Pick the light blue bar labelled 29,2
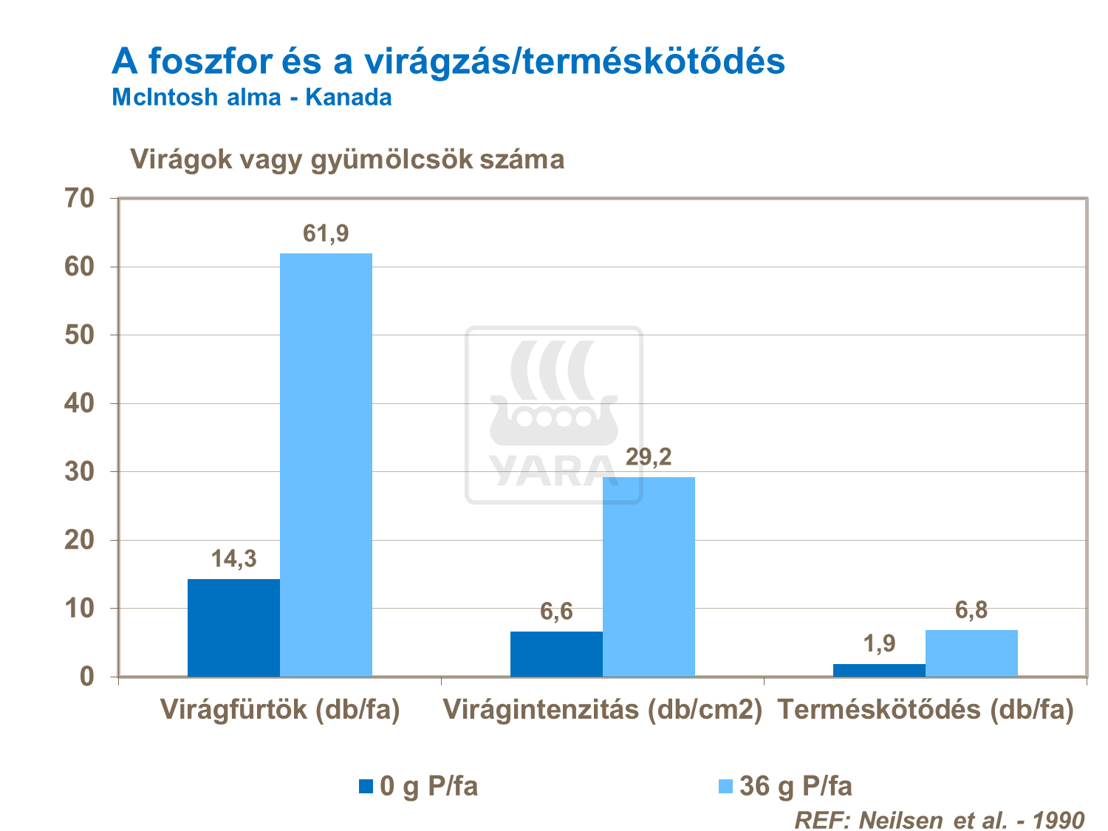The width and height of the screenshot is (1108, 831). (649, 576)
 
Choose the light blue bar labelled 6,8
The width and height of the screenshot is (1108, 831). (971, 653)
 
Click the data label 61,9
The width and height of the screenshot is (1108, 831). (326, 233)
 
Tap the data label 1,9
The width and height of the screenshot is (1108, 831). (879, 644)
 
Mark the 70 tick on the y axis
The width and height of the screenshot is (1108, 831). (80, 198)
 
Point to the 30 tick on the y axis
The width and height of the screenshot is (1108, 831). (80, 471)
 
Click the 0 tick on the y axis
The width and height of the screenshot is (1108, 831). (87, 676)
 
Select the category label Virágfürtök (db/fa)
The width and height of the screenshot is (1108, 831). (280, 710)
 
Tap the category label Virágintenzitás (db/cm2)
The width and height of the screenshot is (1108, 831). (602, 710)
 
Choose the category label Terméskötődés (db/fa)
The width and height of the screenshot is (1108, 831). (926, 710)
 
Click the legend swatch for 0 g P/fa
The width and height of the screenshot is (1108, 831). (366, 786)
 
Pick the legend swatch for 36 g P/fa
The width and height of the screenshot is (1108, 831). (725, 786)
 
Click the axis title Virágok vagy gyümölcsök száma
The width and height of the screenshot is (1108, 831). (347, 159)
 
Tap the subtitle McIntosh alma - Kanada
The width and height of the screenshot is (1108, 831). (252, 97)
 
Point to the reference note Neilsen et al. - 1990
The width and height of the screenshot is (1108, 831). (939, 819)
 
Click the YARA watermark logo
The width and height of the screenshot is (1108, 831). (553, 416)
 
